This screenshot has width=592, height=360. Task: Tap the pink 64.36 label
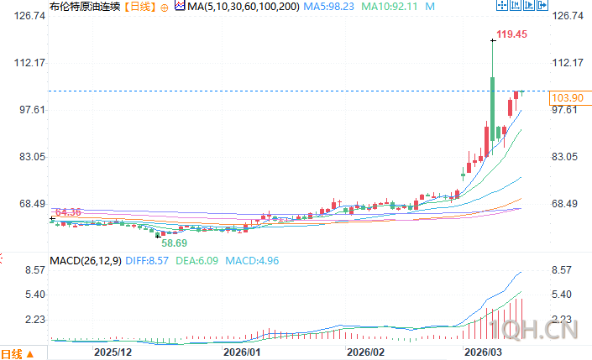(66, 212)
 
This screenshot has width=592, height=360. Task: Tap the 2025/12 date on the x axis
(113, 352)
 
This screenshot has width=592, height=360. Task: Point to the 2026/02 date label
(365, 352)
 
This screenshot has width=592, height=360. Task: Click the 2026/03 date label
(483, 352)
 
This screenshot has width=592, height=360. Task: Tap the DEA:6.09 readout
(197, 260)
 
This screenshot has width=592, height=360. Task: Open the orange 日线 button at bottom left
(16, 352)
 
